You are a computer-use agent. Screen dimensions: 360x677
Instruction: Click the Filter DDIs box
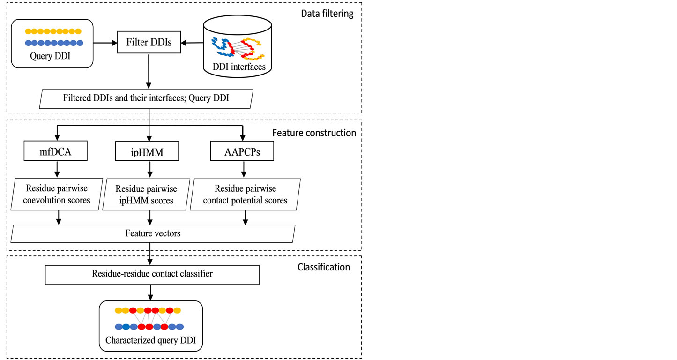coord(149,43)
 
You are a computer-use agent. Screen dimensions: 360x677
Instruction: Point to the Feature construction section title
coord(314,133)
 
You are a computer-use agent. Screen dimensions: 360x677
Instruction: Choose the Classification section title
coord(324,267)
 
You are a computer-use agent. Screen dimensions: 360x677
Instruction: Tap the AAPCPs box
coord(243,152)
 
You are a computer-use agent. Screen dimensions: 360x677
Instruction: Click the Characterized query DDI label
coord(150,340)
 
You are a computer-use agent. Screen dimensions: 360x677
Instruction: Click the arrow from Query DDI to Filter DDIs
coord(105,43)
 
